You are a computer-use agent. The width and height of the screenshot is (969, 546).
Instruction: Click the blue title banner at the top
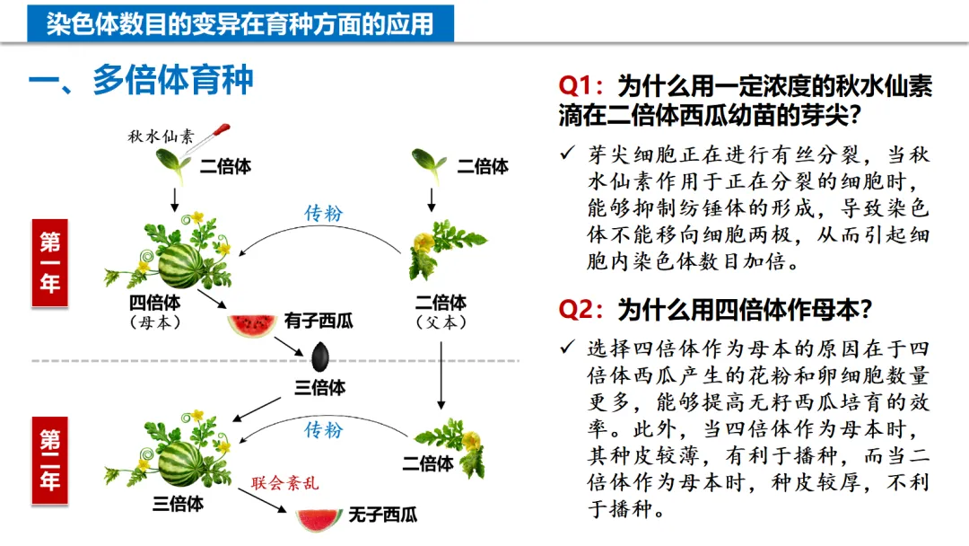pos(240,22)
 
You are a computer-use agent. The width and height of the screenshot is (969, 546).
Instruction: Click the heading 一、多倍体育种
pos(141,81)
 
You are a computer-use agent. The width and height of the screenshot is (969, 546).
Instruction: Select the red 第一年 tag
pos(50,262)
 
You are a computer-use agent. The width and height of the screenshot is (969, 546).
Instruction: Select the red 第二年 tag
pos(50,460)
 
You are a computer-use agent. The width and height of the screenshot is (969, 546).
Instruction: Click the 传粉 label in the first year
pos(324,214)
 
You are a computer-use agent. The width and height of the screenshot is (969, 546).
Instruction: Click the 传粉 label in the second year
pos(323,430)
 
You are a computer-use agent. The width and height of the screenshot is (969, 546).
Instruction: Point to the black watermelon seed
pos(322,357)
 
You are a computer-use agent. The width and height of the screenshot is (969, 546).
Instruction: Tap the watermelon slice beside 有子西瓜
pos(251,325)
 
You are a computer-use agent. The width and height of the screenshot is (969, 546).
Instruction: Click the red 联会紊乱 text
pos(284,483)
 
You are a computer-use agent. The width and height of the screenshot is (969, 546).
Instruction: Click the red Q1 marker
pos(583,86)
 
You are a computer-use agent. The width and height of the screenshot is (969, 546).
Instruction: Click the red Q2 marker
pos(583,310)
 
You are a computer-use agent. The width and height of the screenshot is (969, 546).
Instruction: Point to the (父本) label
pos(440,321)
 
